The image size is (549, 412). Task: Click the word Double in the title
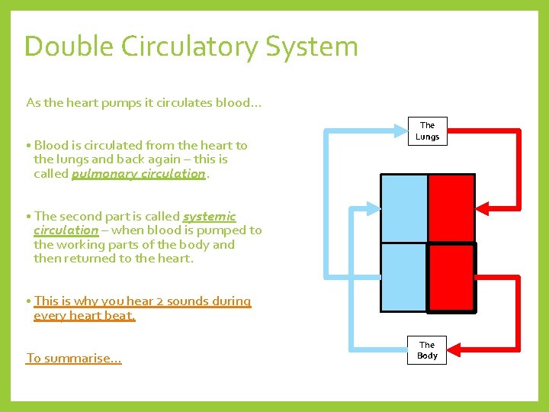(x=67, y=47)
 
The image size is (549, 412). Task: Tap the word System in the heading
(x=312, y=47)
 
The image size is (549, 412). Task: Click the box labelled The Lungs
(x=427, y=131)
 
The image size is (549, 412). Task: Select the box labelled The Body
(x=427, y=350)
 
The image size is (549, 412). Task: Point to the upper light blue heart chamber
(x=403, y=208)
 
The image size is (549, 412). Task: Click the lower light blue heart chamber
(x=403, y=276)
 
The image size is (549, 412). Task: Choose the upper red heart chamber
(x=451, y=208)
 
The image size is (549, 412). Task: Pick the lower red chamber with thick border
(x=451, y=277)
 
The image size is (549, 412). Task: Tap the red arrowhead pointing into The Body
(x=454, y=350)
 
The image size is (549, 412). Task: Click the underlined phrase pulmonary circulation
(x=138, y=173)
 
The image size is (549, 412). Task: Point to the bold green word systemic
(x=209, y=217)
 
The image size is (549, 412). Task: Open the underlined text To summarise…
(x=73, y=358)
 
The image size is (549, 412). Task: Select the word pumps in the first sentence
(x=123, y=102)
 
